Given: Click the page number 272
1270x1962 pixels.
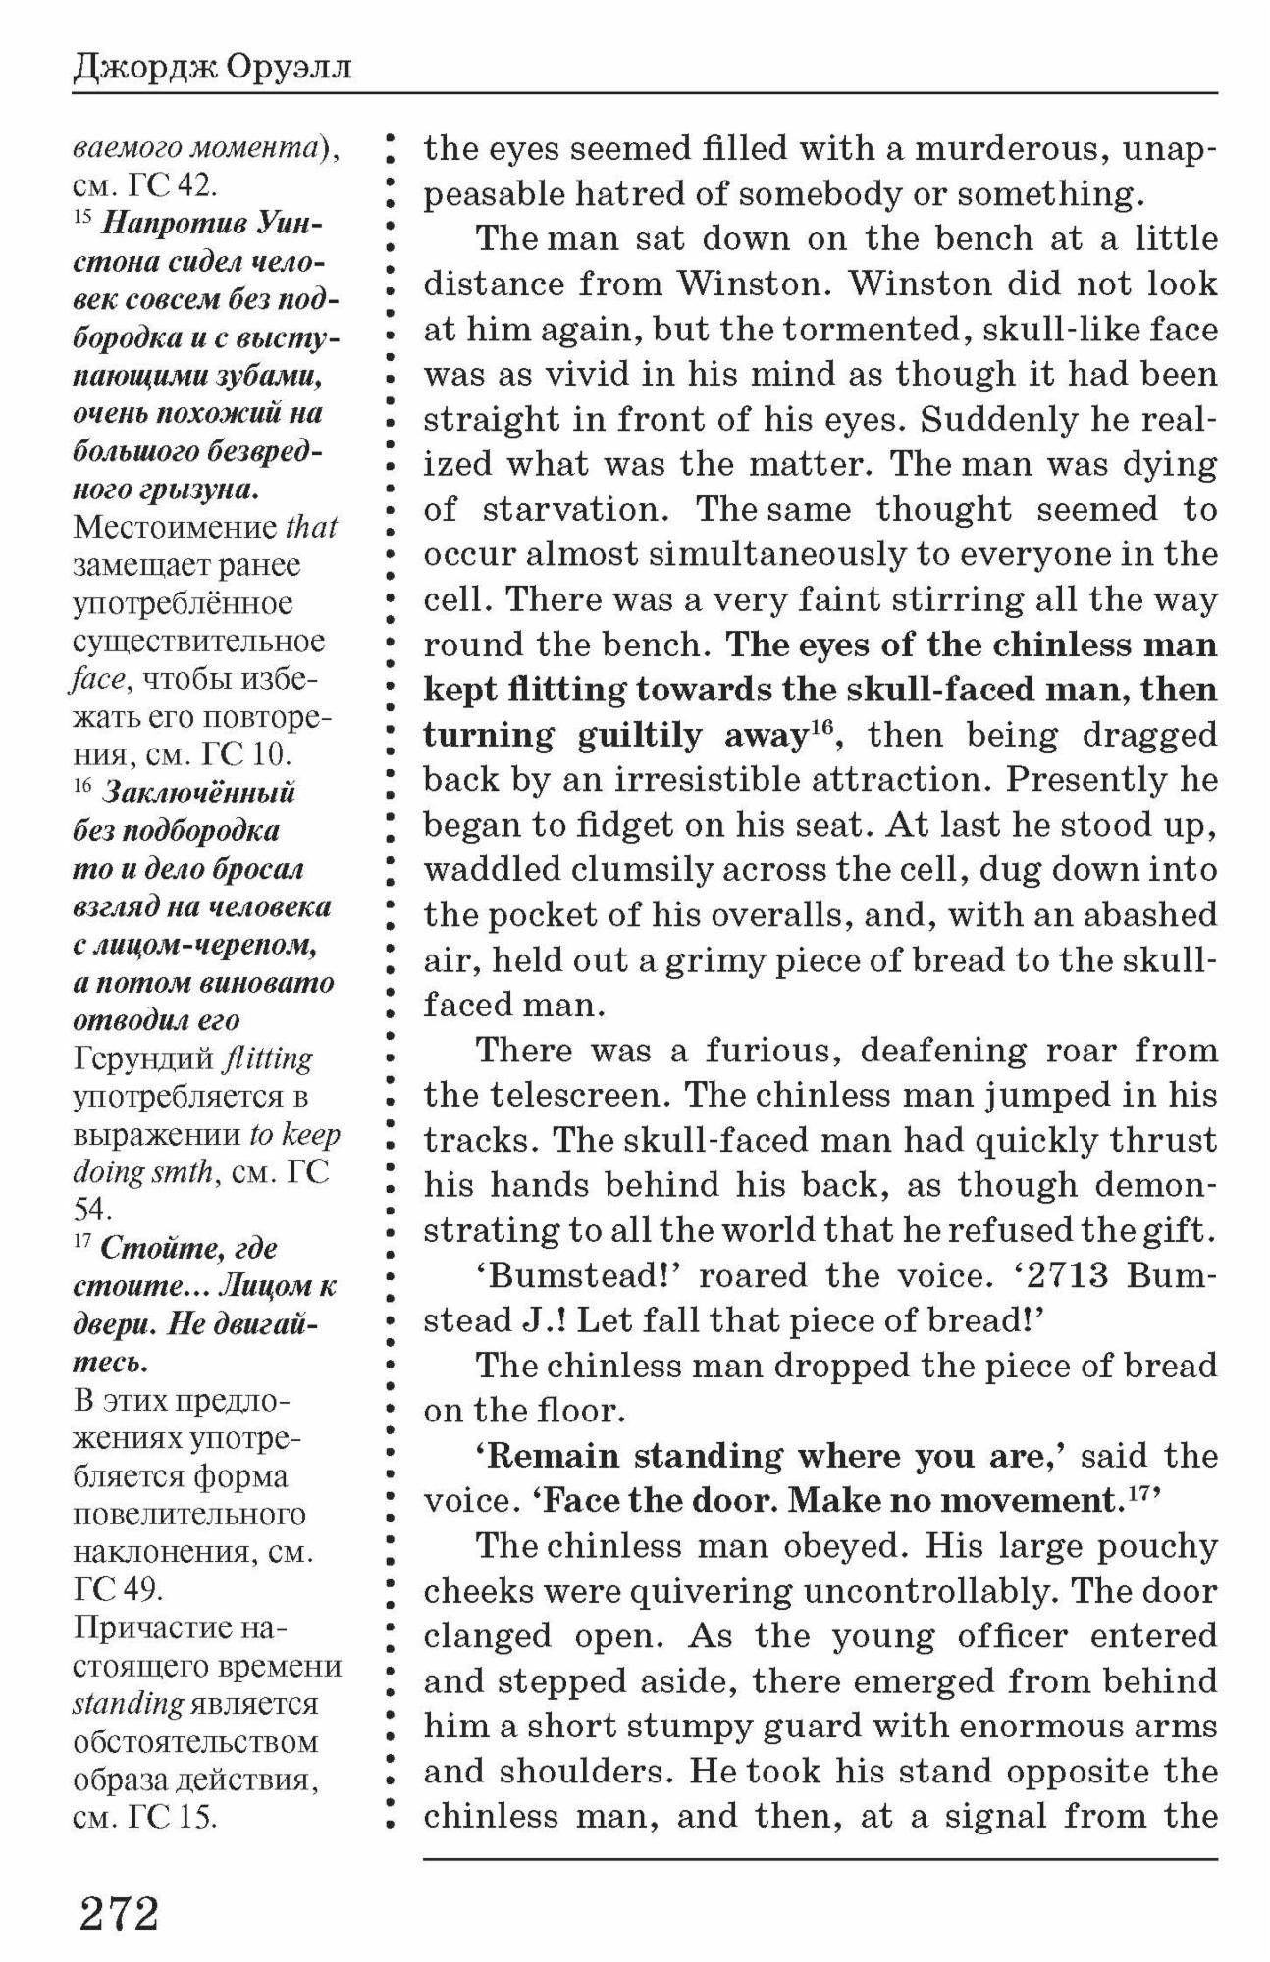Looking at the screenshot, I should (119, 1912).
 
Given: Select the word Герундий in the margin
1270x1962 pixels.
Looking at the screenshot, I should (143, 1058).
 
